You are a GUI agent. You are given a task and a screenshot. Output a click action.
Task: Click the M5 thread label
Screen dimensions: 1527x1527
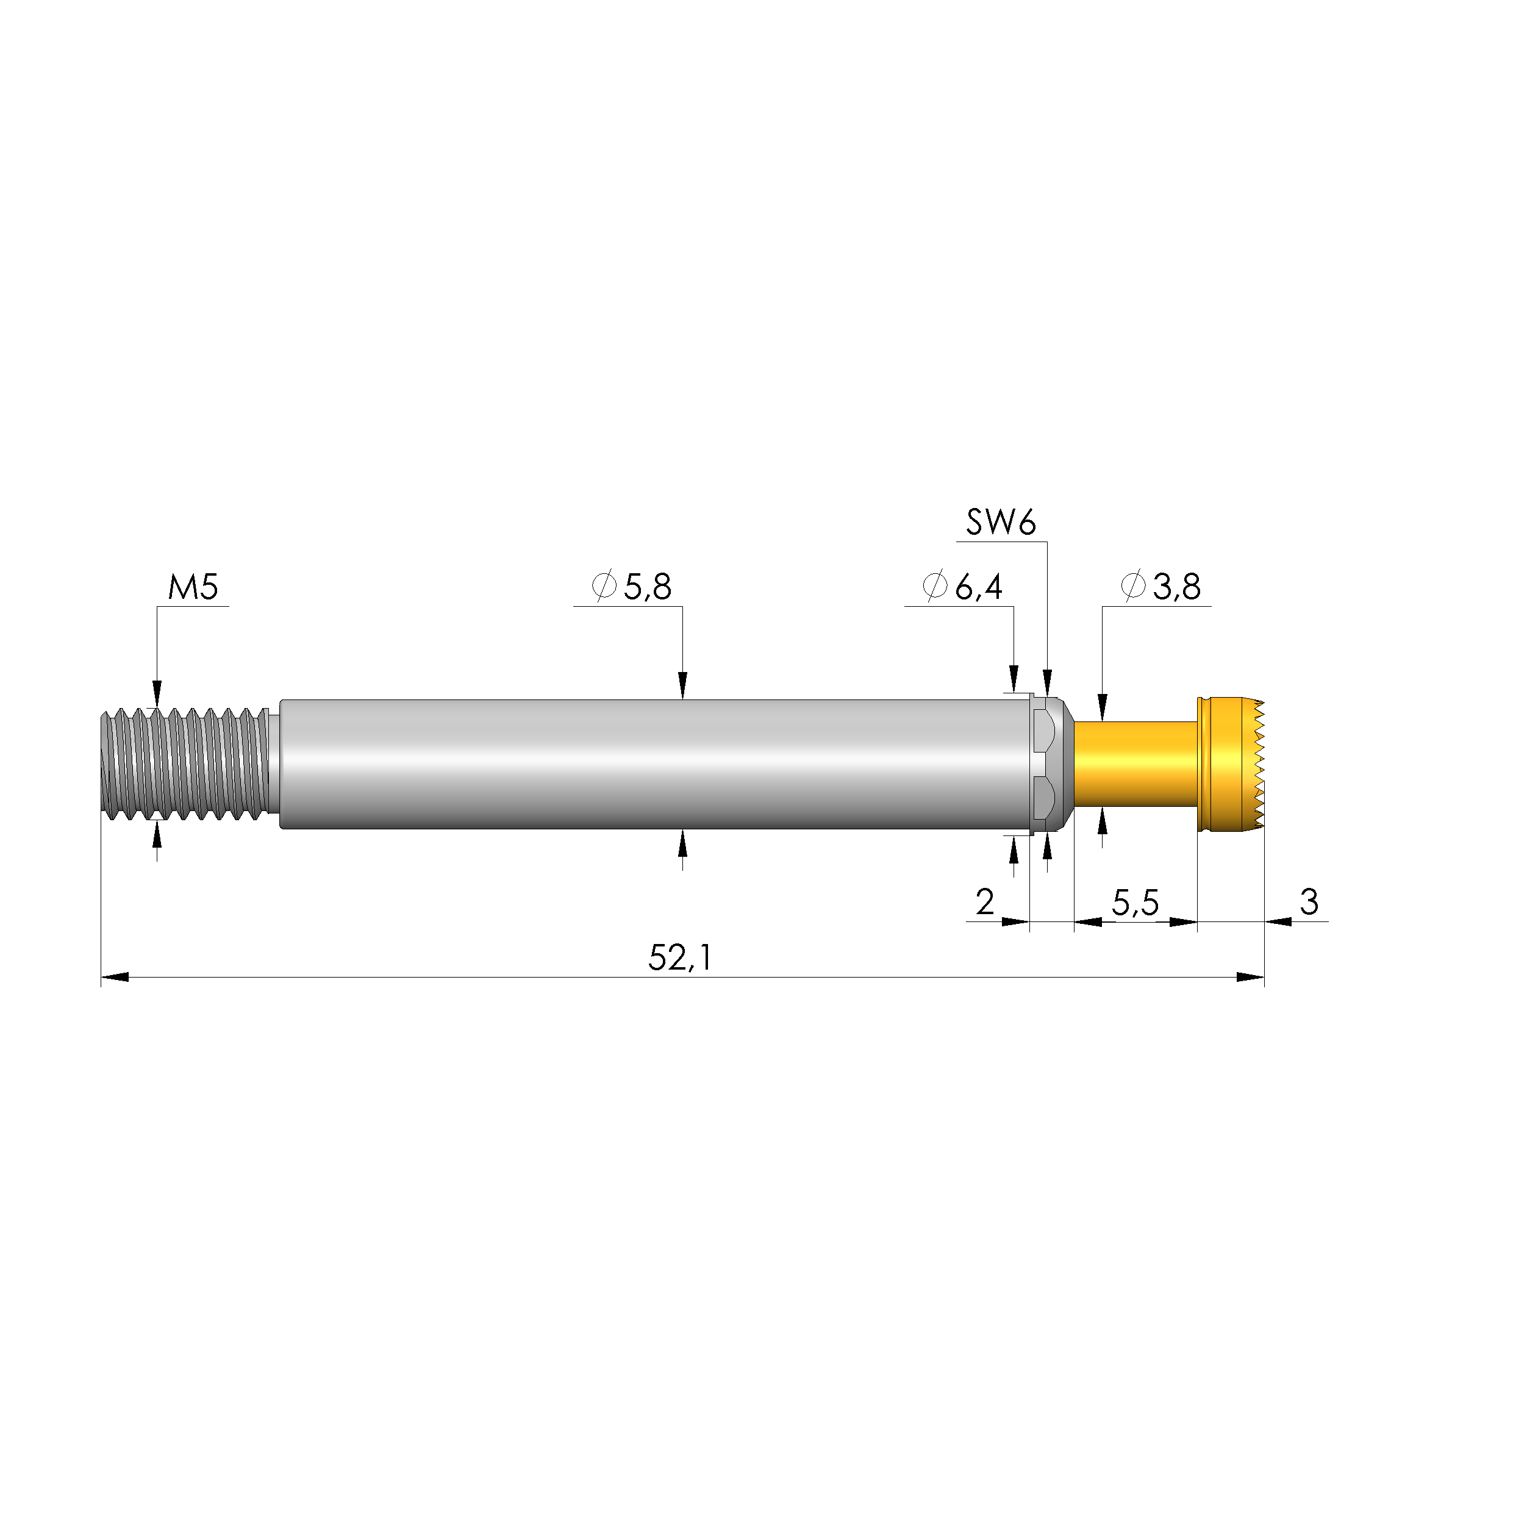pyautogui.click(x=193, y=588)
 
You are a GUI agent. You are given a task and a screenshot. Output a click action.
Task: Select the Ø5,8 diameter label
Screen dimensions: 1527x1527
pyautogui.click(x=632, y=587)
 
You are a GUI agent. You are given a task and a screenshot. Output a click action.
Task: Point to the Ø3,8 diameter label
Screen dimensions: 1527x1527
pyautogui.click(x=1160, y=587)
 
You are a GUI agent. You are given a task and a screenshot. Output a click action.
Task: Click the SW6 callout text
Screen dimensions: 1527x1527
pyautogui.click(x=1000, y=523)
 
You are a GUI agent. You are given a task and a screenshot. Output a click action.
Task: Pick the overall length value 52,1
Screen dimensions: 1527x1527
pyautogui.click(x=680, y=959)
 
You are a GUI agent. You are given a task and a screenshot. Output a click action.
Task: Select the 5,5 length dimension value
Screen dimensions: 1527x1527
pyautogui.click(x=1135, y=903)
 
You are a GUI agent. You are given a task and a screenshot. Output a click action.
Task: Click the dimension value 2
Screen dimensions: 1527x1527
pyautogui.click(x=984, y=902)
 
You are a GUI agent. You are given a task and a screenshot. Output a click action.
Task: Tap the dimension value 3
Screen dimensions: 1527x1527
pyautogui.click(x=1309, y=902)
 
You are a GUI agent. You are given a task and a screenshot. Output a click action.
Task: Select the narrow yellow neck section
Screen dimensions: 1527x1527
pyautogui.click(x=1135, y=763)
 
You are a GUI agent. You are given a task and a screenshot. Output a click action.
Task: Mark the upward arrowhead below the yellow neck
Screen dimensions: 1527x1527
pyautogui.click(x=1103, y=824)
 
